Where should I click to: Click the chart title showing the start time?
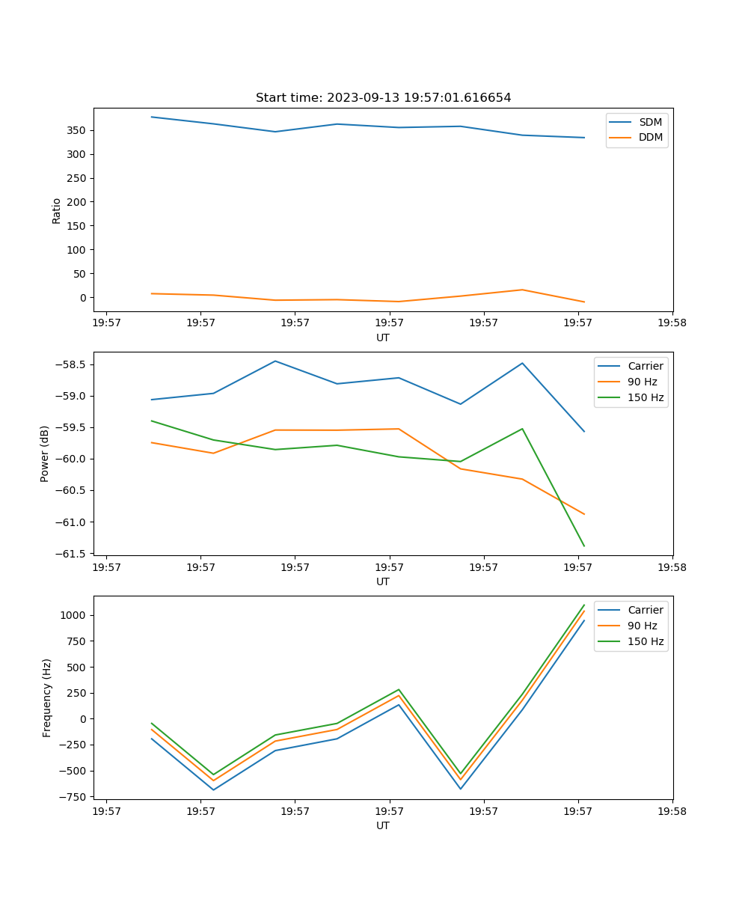coord(383,98)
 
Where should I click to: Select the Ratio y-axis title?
coord(57,210)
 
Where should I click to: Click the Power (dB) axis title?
coord(45,453)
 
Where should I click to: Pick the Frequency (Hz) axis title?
coord(47,697)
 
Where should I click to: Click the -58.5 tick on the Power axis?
coord(74,364)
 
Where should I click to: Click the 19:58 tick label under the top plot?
coord(672,323)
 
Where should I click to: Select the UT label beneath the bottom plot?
coord(383,825)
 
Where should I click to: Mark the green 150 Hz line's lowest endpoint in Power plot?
coord(583,546)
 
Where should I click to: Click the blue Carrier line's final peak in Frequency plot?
coord(583,620)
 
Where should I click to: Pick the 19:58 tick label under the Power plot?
coord(672,567)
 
